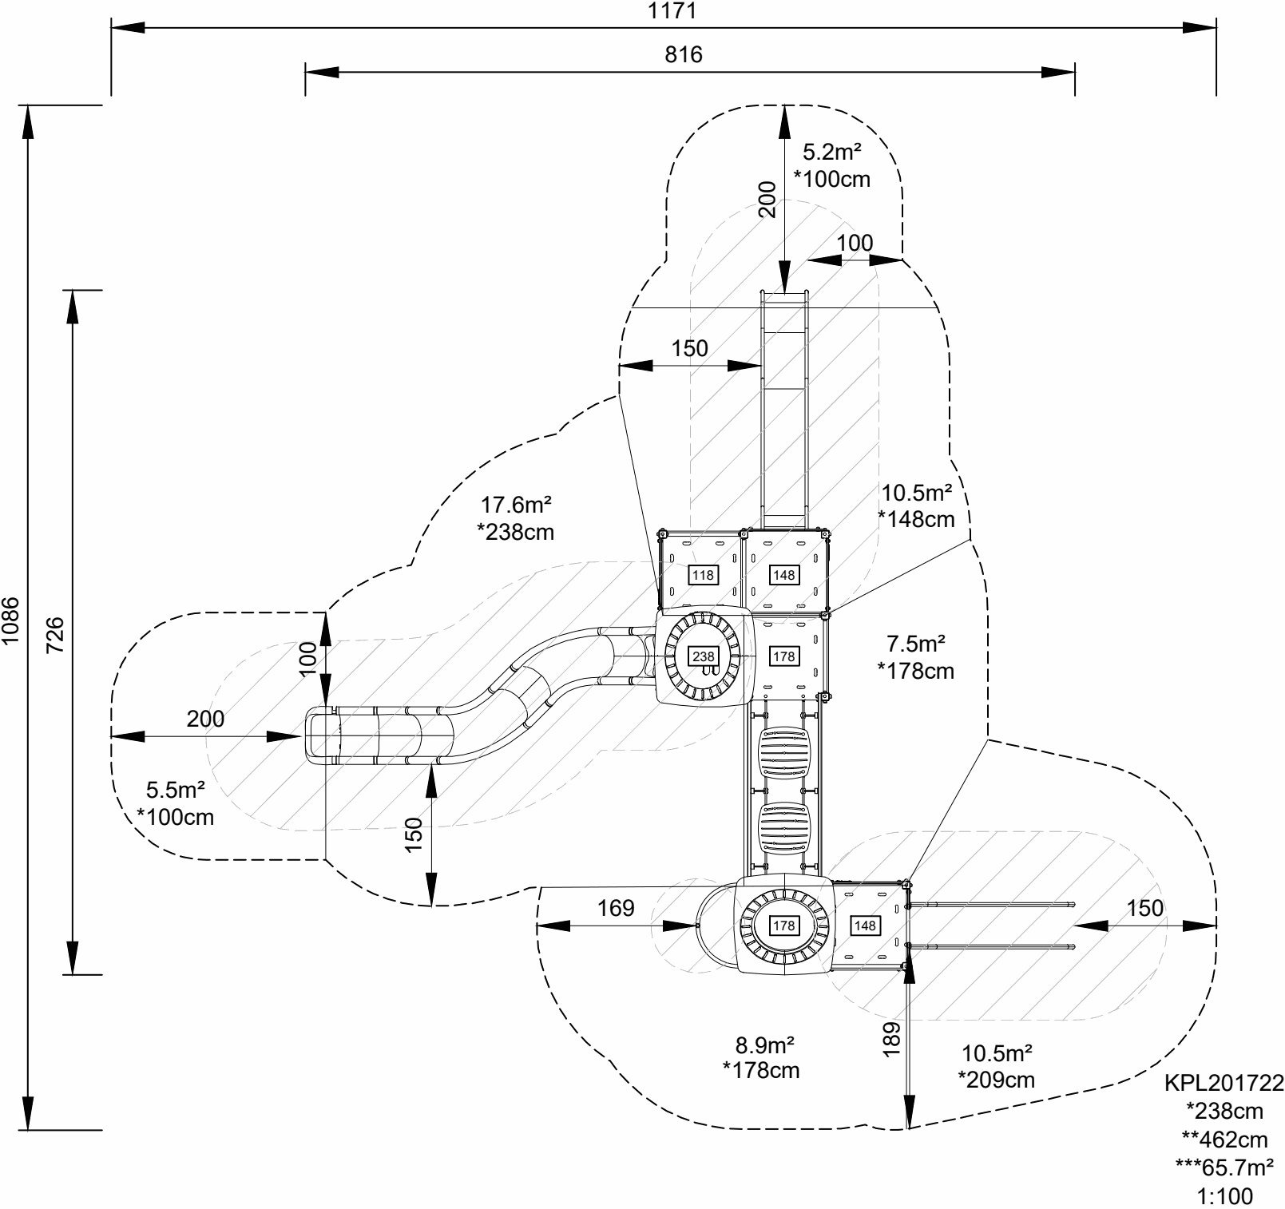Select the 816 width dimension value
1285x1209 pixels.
pos(684,54)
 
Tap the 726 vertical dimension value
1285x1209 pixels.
pos(54,632)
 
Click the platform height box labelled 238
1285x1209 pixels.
pos(704,656)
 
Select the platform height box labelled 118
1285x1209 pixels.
pos(703,574)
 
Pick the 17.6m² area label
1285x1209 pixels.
pos(516,505)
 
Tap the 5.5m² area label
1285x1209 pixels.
pos(176,791)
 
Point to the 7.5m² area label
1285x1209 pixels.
pos(916,644)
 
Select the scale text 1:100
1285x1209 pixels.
pos(1225,1196)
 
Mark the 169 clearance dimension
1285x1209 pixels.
pos(616,908)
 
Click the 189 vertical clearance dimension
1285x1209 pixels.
pos(893,1040)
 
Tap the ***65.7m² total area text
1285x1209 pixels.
pos(1224,1167)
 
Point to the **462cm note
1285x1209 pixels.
pos(1224,1139)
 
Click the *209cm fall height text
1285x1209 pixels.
pos(996,1080)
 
